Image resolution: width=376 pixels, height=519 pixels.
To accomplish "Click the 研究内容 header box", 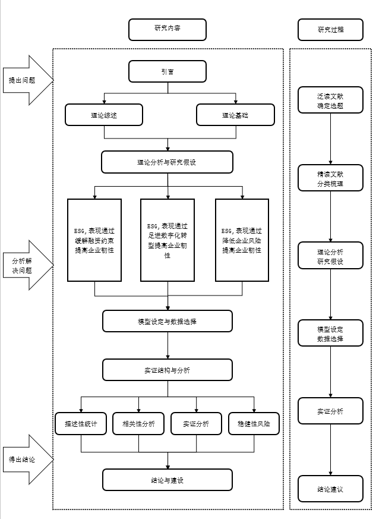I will point(168,29).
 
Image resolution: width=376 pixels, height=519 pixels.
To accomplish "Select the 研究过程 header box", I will point(330,29).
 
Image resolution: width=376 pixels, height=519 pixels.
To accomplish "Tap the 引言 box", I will point(168,72).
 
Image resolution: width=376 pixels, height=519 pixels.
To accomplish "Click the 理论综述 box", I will point(104,115).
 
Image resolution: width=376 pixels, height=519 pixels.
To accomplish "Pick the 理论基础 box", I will point(235,115).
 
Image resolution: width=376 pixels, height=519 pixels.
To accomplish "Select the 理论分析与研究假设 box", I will point(168,162).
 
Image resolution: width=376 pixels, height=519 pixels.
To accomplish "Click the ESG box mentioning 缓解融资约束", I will point(94,240).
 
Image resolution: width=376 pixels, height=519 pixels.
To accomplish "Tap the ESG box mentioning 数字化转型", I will point(168,240).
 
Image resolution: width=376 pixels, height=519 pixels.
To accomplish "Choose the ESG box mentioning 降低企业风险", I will point(242,240).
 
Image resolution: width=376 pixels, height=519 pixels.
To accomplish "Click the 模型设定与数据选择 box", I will point(168,321).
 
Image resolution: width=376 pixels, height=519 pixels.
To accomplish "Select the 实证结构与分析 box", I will point(168,370).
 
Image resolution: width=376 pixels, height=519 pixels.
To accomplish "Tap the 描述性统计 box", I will point(81,423).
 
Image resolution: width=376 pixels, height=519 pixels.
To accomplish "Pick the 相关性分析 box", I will point(138,423).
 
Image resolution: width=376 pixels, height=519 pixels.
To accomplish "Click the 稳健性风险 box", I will point(254,423).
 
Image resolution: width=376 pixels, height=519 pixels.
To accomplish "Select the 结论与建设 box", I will point(168,480).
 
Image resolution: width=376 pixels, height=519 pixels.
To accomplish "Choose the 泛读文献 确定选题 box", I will point(330,100).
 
